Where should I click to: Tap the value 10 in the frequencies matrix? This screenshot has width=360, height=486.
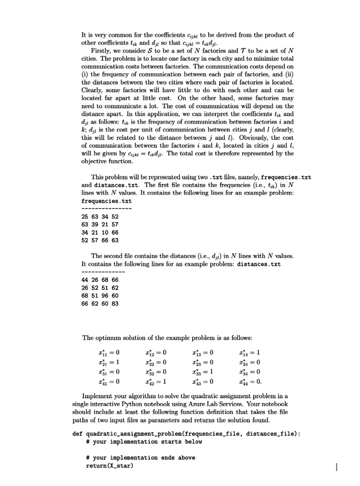click(x=105, y=232)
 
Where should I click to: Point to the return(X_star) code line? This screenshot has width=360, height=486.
click(x=110, y=466)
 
